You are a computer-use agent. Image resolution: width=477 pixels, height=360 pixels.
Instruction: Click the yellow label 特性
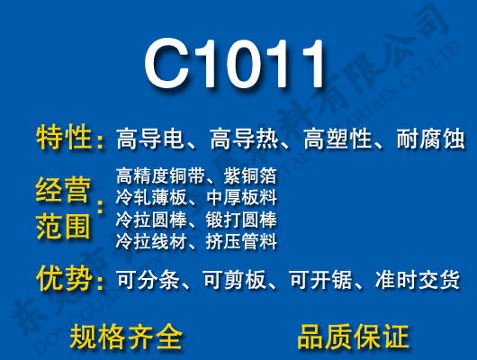(65, 139)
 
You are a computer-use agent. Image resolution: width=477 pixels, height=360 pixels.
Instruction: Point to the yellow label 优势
(65, 279)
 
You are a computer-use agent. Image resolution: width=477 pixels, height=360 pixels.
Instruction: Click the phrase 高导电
(149, 139)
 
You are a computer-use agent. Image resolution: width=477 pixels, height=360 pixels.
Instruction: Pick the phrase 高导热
(243, 139)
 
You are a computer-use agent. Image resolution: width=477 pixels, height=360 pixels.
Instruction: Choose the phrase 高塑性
(337, 139)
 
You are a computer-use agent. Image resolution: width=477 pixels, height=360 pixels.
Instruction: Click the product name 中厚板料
(241, 196)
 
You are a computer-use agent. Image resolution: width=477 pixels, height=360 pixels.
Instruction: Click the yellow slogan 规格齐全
(126, 337)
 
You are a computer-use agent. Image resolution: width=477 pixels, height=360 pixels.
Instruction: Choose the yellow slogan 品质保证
(353, 337)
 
